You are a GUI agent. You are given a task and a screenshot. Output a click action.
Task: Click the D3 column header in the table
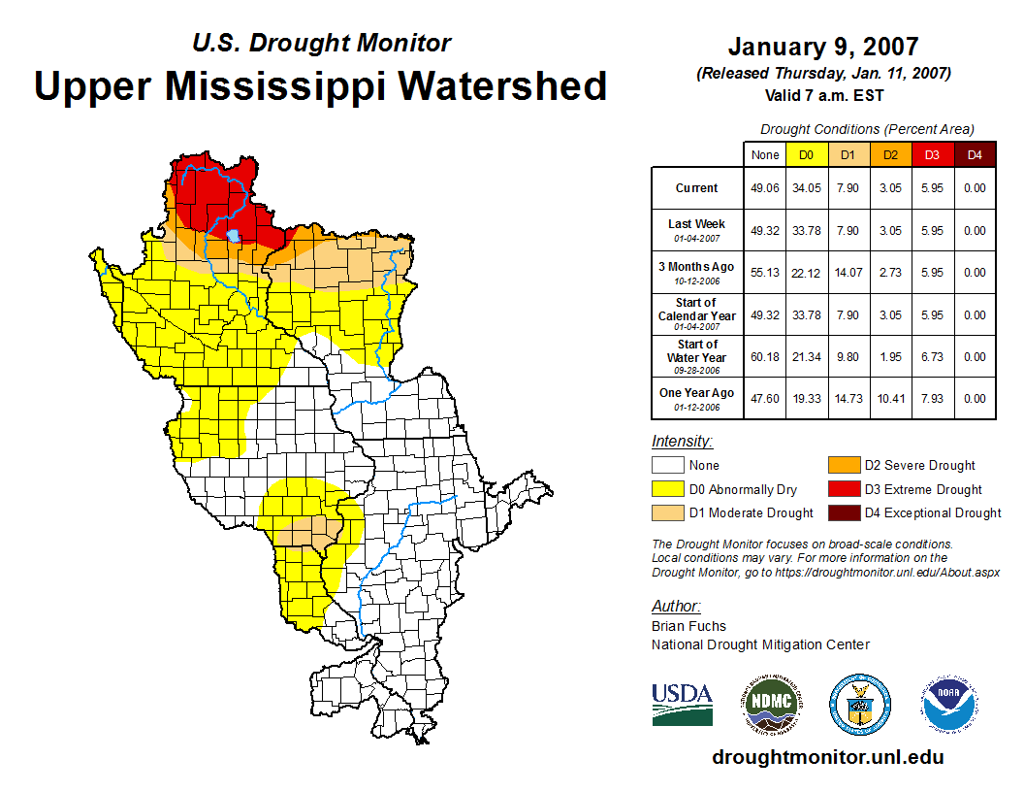pyautogui.click(x=931, y=154)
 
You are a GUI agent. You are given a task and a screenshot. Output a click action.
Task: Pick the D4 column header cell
pyautogui.click(x=975, y=154)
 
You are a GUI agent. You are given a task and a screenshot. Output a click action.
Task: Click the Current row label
pyautogui.click(x=697, y=188)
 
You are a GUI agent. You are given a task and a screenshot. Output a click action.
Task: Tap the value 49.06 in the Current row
pyautogui.click(x=765, y=188)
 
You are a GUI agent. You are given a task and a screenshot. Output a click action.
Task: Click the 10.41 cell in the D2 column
pyautogui.click(x=890, y=398)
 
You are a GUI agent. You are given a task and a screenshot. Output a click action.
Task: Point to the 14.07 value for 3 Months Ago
pyautogui.click(x=848, y=273)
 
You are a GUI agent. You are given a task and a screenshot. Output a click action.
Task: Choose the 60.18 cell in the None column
pyautogui.click(x=765, y=356)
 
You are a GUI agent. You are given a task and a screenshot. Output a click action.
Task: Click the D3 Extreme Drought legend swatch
pyautogui.click(x=842, y=489)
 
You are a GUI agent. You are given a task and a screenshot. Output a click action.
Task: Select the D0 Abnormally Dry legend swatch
pyautogui.click(x=667, y=489)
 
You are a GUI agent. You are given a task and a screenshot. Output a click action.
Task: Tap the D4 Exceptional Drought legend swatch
pyautogui.click(x=842, y=512)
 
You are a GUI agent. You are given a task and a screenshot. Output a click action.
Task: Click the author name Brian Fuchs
pyautogui.click(x=688, y=626)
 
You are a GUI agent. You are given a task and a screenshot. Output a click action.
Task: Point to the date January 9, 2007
pyautogui.click(x=823, y=47)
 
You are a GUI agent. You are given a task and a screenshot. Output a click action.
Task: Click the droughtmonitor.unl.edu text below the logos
pyautogui.click(x=827, y=757)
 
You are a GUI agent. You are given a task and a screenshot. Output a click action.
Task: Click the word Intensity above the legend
pyautogui.click(x=682, y=442)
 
